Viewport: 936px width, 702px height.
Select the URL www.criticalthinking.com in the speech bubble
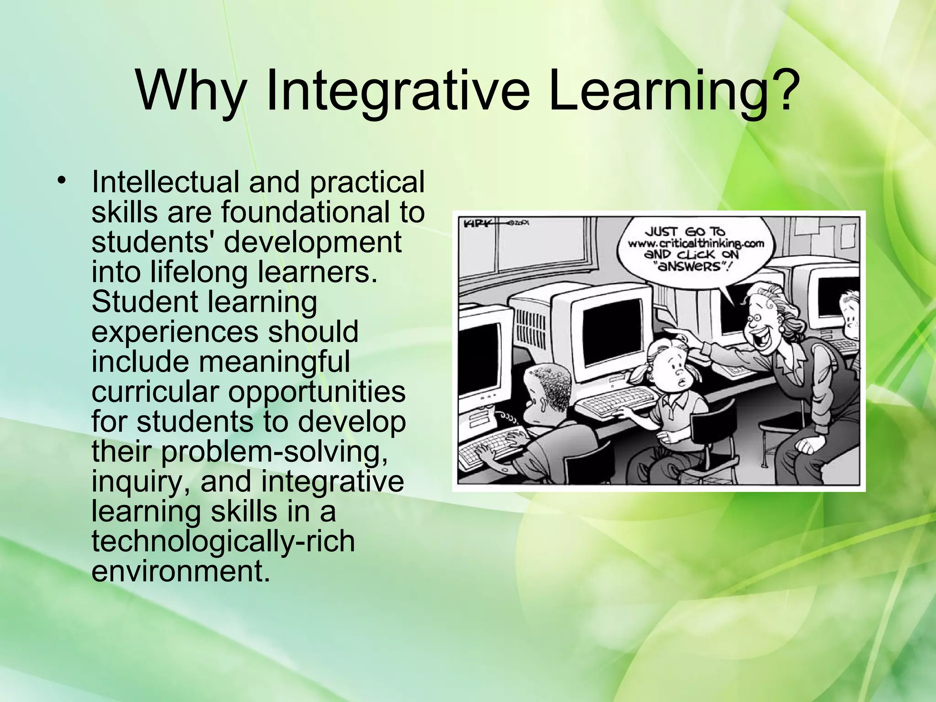(696, 243)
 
